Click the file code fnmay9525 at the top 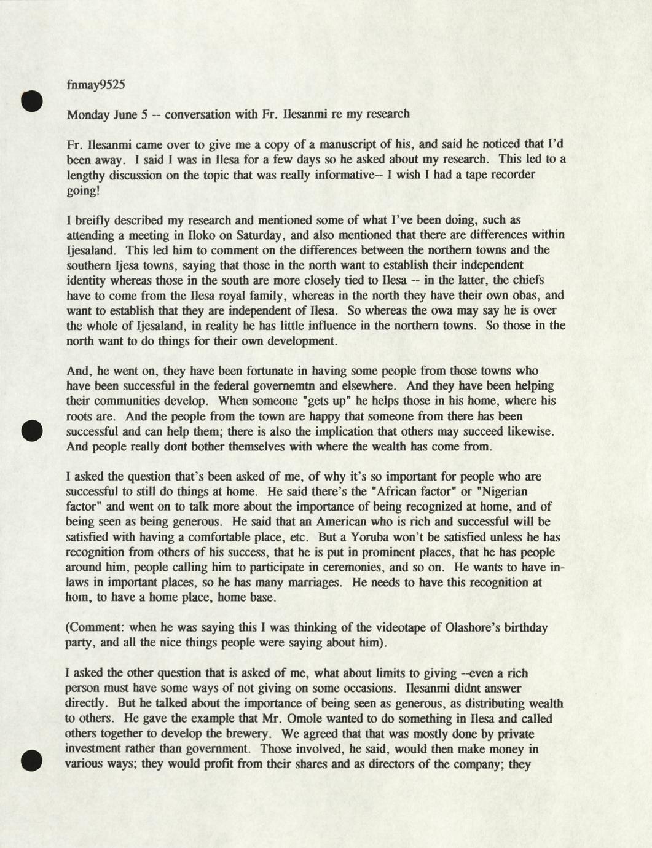(x=96, y=85)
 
